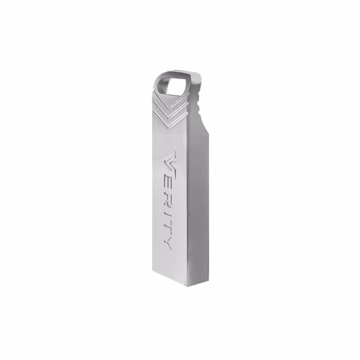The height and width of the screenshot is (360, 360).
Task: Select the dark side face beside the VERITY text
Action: pos(198,202)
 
